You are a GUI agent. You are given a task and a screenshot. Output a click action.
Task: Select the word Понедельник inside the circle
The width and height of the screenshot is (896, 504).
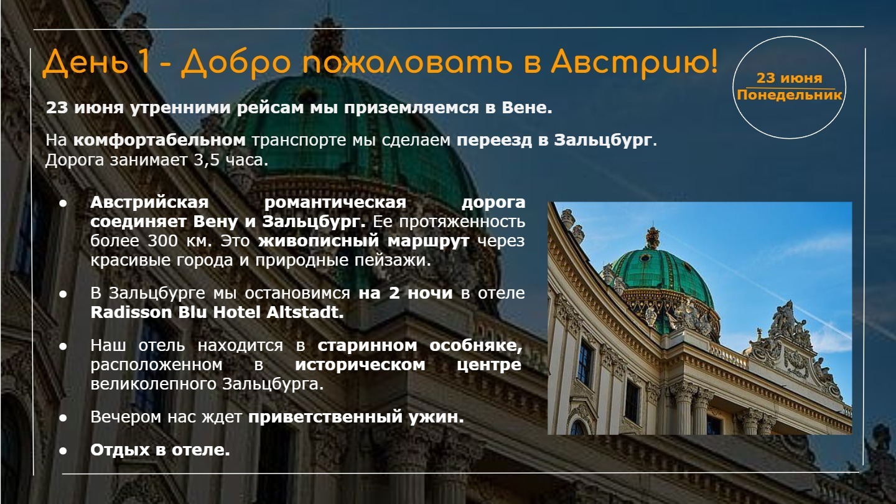pyautogui.click(x=790, y=95)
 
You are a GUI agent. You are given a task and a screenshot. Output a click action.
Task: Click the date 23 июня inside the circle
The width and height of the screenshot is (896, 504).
pyautogui.click(x=790, y=78)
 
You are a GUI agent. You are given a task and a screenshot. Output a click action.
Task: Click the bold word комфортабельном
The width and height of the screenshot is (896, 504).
pyautogui.click(x=159, y=140)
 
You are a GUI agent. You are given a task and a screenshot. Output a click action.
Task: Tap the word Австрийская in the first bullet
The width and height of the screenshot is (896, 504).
pyautogui.click(x=149, y=202)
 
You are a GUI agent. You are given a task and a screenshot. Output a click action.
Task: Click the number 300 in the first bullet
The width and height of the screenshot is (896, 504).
pyautogui.click(x=163, y=241)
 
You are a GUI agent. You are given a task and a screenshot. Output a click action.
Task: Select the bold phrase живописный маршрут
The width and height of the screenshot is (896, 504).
pyautogui.click(x=363, y=241)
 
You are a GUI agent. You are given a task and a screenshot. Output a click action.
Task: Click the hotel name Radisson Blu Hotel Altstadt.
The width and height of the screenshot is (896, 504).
pyautogui.click(x=217, y=312)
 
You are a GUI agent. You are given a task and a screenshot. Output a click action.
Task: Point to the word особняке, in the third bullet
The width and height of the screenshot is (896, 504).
pyautogui.click(x=476, y=345)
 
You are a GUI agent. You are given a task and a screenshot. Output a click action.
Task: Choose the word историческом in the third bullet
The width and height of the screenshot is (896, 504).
pyautogui.click(x=360, y=365)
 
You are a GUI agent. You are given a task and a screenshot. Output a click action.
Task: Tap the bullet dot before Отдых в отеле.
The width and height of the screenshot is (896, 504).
pyautogui.click(x=63, y=450)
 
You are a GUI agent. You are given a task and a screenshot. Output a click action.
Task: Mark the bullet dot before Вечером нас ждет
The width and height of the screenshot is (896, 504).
pyautogui.click(x=63, y=418)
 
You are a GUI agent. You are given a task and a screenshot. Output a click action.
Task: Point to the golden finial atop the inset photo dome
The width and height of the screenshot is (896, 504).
pyautogui.click(x=652, y=238)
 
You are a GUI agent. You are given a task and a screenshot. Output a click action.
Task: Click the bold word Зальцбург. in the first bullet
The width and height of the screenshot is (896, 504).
pyautogui.click(x=314, y=222)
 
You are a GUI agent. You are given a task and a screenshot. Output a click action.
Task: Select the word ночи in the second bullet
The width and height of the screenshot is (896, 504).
pyautogui.click(x=430, y=293)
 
